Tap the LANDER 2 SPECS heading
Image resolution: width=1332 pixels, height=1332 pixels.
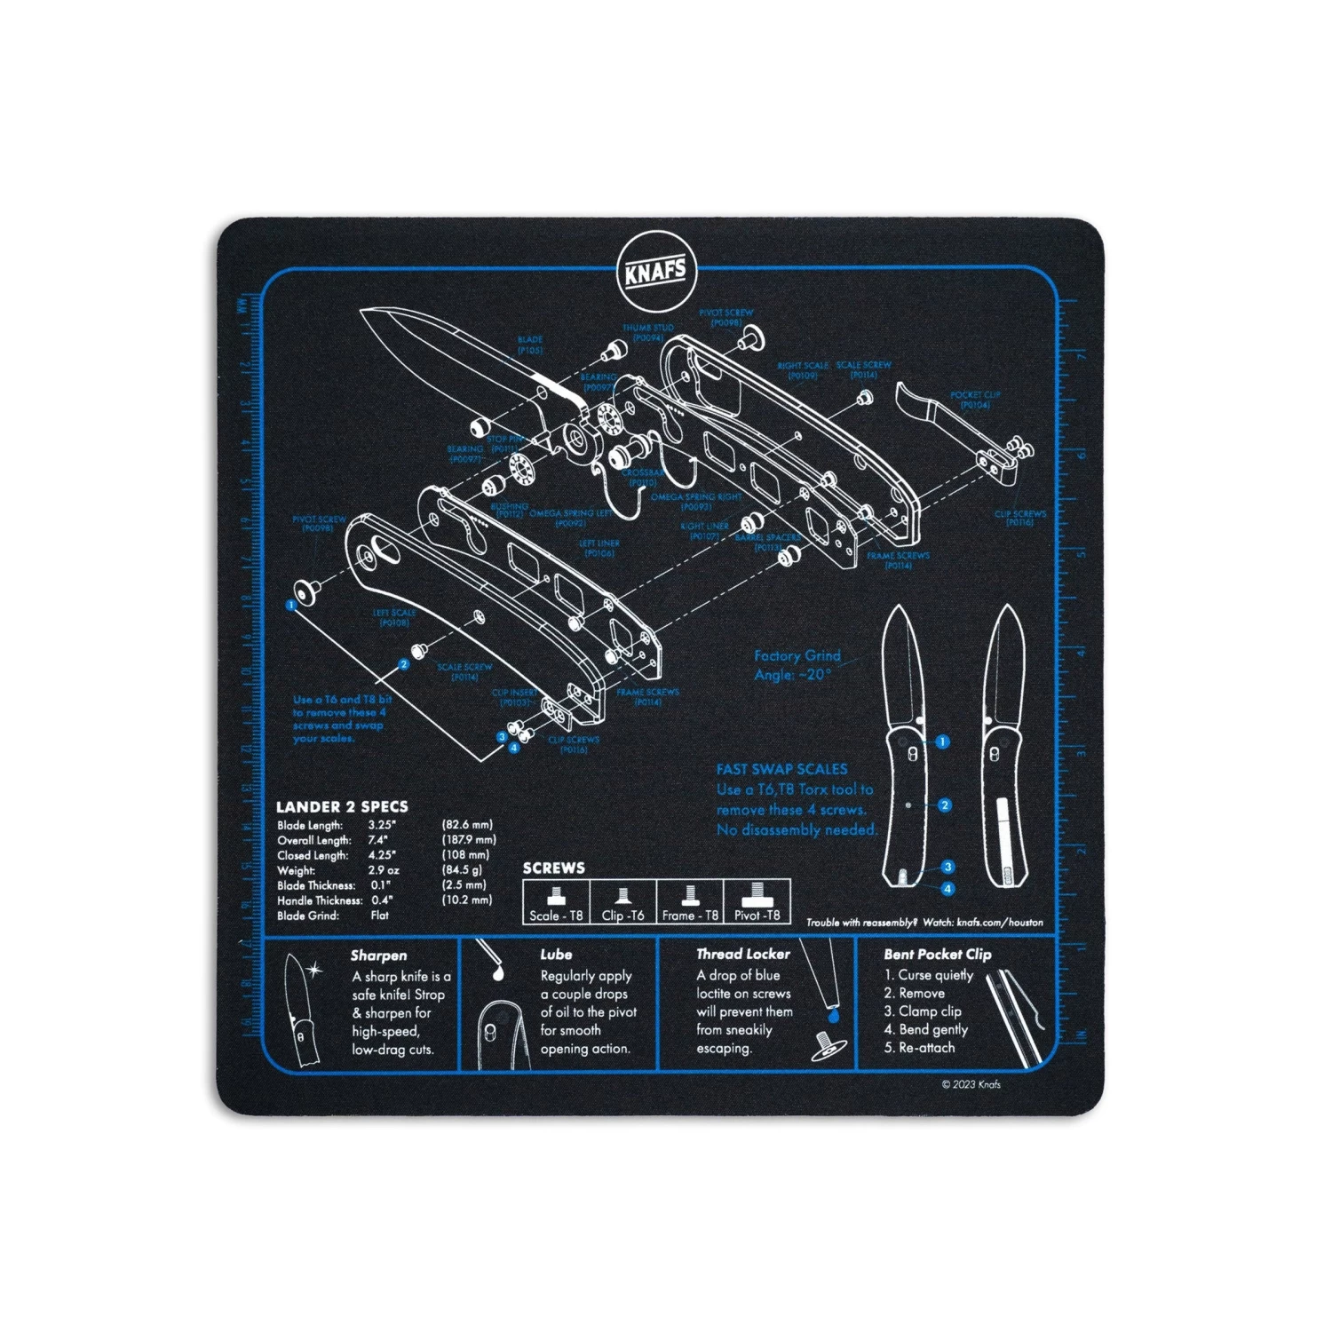tap(342, 807)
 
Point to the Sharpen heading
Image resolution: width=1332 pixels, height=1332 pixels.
tap(378, 955)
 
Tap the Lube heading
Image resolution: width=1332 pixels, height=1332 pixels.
tap(556, 955)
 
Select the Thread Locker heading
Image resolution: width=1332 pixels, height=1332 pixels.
tap(742, 954)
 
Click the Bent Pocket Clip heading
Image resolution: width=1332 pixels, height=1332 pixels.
tap(937, 955)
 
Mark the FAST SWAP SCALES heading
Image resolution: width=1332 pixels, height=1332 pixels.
tap(781, 769)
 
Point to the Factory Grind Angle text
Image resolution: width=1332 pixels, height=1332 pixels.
tap(797, 665)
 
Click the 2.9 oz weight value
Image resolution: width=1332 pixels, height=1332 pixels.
tap(384, 870)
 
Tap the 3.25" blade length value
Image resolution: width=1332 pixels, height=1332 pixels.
tap(383, 825)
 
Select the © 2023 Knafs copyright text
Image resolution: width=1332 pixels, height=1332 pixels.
tap(971, 1084)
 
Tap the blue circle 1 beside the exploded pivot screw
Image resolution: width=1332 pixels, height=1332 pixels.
tap(290, 606)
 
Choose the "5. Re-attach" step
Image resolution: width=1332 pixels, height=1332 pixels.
tap(919, 1048)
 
